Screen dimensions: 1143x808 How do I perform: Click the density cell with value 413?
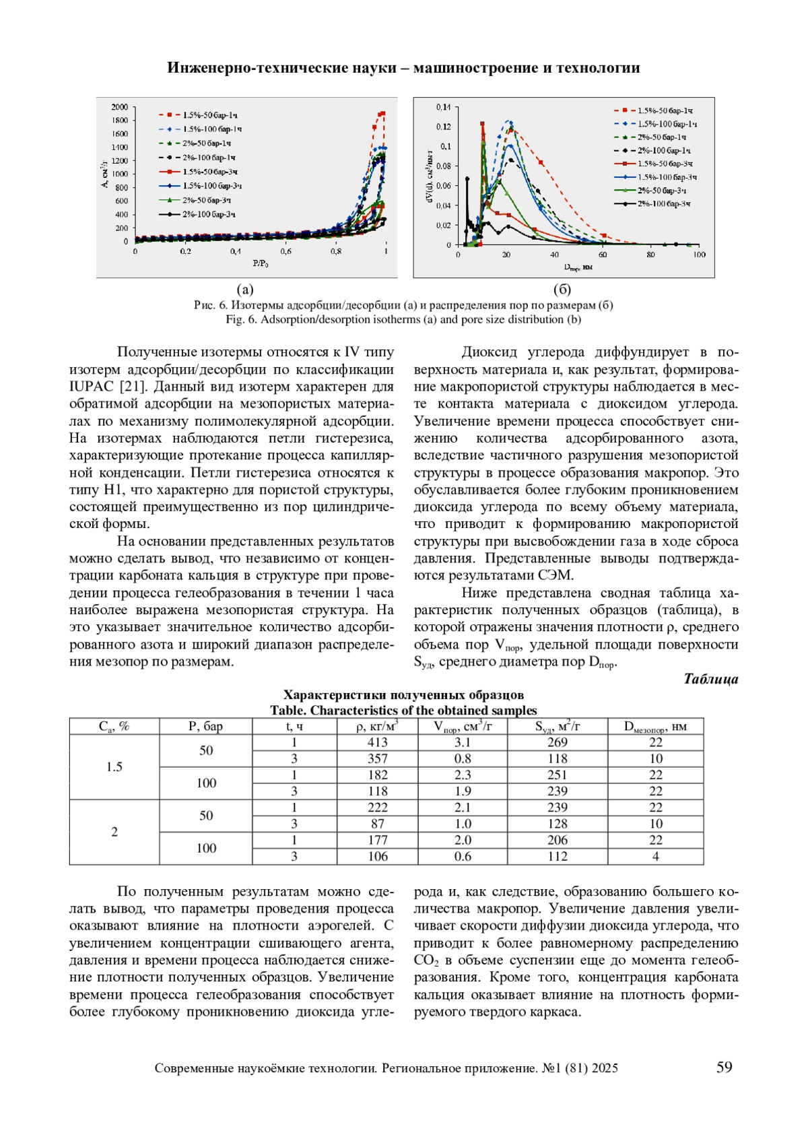coord(377,742)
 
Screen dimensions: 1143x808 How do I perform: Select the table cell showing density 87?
coord(377,824)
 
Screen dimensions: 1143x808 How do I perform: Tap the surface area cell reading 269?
coord(557,742)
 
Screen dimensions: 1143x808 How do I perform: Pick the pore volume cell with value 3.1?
coord(463,742)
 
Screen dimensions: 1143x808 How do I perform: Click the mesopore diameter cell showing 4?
coord(655,857)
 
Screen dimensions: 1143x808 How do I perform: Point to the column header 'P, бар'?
coord(205,726)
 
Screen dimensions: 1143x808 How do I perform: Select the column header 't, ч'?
coord(294,726)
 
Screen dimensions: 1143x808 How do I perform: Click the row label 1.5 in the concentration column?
coord(114,766)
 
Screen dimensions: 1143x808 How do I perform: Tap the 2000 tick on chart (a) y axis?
coord(119,107)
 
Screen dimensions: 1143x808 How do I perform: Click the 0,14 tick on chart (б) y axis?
coord(443,107)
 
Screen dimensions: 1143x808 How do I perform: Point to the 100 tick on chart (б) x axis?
coord(699,255)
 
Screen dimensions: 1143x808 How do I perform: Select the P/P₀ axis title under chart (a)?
coord(260,263)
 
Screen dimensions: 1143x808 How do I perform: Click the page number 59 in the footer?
coord(724,1067)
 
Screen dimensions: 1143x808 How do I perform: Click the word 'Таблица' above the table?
coord(710,679)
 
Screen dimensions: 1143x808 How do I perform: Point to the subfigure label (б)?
coord(562,290)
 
